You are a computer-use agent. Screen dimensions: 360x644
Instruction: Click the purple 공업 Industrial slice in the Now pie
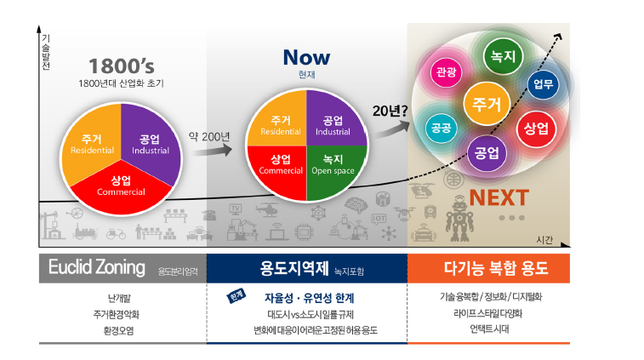333,126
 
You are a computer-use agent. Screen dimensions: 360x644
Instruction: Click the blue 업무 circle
542,83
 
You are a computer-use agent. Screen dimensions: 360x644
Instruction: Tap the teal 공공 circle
441,129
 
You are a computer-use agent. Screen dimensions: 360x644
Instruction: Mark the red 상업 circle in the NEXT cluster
535,129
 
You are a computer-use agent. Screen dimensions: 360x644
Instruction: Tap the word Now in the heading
306,58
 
